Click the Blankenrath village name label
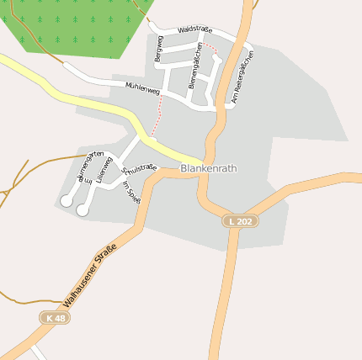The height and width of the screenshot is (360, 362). [x=209, y=168]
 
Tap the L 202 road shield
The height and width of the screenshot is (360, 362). [x=240, y=220]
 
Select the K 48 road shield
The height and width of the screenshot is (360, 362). [x=55, y=318]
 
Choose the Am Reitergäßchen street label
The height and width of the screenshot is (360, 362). [x=242, y=78]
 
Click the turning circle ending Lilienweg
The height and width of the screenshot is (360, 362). [x=83, y=210]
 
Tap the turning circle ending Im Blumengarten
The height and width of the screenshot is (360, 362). [x=67, y=200]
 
